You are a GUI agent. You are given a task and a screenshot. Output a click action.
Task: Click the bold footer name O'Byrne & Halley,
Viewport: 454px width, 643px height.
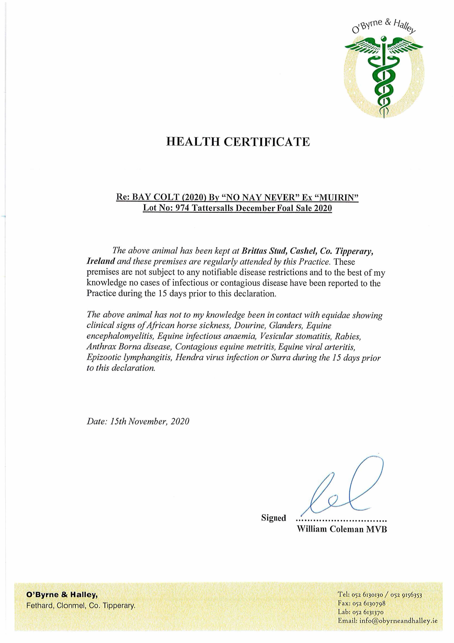62,595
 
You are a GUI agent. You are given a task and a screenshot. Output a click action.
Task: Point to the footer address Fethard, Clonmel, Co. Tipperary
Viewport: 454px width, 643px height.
81,605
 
